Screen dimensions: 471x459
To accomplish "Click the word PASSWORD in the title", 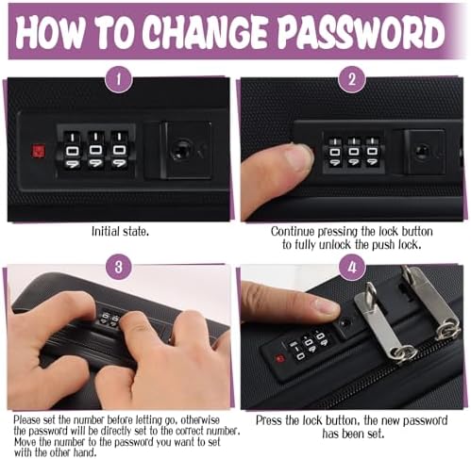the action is (362, 32).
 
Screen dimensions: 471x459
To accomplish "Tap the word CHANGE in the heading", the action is (206, 32).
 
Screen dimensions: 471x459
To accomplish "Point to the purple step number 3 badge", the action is (118, 267).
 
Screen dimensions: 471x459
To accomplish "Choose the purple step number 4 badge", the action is (352, 267).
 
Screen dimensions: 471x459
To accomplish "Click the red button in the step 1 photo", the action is (38, 151).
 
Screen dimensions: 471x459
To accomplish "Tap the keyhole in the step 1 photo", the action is (179, 149).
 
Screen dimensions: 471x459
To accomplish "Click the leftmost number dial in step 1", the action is (72, 150).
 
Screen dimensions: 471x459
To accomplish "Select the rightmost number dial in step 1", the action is (119, 150).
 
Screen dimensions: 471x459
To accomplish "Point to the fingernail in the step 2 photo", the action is (298, 156).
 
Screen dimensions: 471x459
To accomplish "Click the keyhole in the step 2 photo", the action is (421, 151).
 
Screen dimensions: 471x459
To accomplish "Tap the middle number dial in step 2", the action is (353, 152).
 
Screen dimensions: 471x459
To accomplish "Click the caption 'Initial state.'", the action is (120, 232).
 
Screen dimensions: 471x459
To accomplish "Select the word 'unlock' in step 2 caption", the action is (335, 244).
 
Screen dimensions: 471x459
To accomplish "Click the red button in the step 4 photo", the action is (279, 358).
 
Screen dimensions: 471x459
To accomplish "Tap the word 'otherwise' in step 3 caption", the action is (200, 420).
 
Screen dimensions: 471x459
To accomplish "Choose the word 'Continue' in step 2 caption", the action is (293, 232).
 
